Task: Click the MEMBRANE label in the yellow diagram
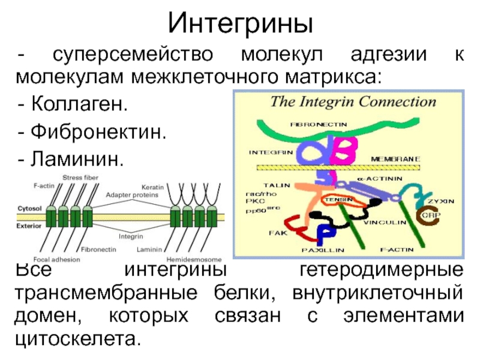[x=395, y=158]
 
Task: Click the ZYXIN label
[x=440, y=200]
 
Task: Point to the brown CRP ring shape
[x=427, y=214]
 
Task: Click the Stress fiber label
[x=81, y=178]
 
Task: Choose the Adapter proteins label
[x=133, y=195]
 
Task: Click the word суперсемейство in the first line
[x=132, y=55]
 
